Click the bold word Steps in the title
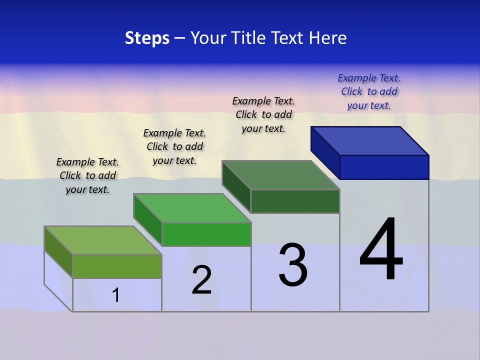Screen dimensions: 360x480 (147, 38)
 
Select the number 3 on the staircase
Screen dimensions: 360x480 (293, 265)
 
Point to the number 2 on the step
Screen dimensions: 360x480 (202, 280)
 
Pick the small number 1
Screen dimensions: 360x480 (116, 295)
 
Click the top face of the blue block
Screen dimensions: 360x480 (370, 140)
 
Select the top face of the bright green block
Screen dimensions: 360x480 (192, 208)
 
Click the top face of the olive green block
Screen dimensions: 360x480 (103, 240)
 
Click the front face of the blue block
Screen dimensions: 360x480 (384, 167)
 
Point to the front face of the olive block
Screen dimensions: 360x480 (117, 266)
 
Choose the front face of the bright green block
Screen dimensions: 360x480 (206, 234)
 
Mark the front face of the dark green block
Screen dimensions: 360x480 (295, 201)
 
